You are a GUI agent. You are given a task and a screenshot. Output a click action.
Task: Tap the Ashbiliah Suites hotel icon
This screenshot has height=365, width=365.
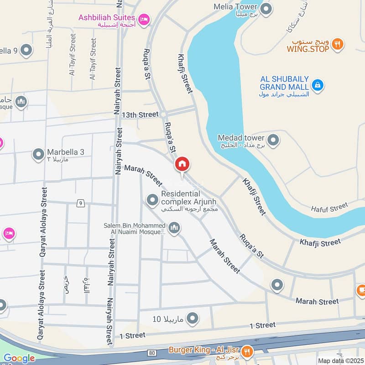pos(144,19)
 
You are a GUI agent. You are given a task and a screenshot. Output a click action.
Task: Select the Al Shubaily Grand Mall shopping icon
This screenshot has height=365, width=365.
pos(318,84)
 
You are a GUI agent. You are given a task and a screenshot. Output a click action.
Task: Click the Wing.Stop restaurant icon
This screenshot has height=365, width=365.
pos(338,44)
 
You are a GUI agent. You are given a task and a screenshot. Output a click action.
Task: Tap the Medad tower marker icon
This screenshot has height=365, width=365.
pos(273,140)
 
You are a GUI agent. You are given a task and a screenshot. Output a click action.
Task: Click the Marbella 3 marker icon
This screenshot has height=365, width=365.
pos(38,154)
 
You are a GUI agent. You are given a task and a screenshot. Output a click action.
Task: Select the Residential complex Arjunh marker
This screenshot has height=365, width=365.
pos(152,200)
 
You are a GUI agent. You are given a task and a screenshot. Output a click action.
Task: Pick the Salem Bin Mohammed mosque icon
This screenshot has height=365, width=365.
pos(174,228)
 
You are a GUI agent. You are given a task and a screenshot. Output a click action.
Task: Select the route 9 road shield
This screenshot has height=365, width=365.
pos(80,203)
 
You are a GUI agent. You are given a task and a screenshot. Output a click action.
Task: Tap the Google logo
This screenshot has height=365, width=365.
pos(19,359)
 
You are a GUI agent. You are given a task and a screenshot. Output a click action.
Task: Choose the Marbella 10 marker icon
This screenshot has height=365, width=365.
pos(193,318)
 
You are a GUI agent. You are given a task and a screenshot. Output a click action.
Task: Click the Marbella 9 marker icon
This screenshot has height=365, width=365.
pos(27,50)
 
